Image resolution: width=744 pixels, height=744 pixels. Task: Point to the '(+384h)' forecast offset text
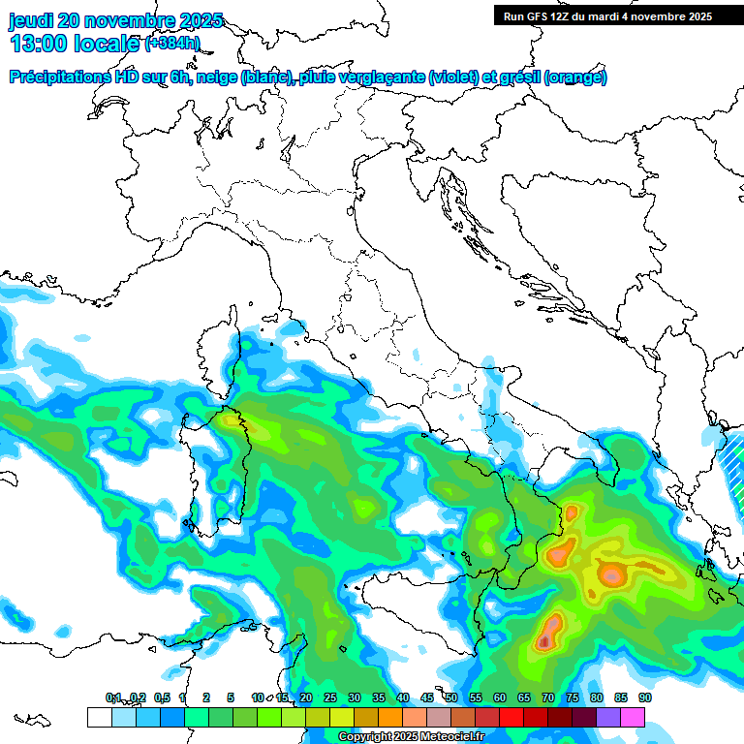click(x=172, y=43)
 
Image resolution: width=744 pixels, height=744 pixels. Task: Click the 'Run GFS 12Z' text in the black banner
click(x=540, y=16)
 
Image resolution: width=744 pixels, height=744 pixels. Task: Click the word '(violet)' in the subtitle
click(x=459, y=77)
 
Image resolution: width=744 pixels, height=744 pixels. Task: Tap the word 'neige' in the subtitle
click(x=217, y=77)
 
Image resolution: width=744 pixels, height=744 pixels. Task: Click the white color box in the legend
click(x=99, y=717)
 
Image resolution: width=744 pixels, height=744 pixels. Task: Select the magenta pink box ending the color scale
click(x=633, y=717)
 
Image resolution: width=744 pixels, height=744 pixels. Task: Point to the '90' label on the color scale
click(x=644, y=697)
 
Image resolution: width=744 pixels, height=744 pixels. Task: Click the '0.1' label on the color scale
click(x=113, y=697)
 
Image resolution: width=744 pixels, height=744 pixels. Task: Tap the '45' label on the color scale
click(x=427, y=697)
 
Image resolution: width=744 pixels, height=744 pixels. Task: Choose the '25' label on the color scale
click(x=329, y=697)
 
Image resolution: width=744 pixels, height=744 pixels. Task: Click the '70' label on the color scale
click(x=548, y=697)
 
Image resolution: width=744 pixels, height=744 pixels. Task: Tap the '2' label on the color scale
click(x=206, y=697)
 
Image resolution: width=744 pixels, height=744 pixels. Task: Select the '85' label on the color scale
click(x=621, y=697)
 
